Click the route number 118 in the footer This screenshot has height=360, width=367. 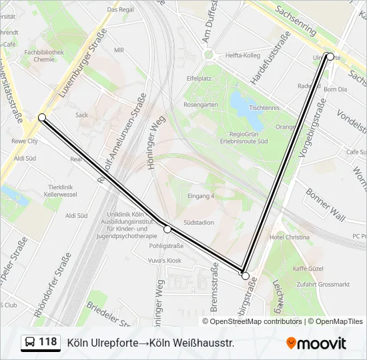(x=47, y=342)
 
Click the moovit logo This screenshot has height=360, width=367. (x=316, y=343)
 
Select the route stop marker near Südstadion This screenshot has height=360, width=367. (x=167, y=229)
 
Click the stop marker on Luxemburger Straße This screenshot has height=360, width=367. (x=42, y=117)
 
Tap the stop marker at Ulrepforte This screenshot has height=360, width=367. (x=330, y=57)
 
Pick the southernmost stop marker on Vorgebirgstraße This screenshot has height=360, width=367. (x=245, y=275)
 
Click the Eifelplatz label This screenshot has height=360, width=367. (x=198, y=78)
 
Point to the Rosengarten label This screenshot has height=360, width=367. (x=201, y=105)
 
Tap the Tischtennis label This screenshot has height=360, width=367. (x=263, y=107)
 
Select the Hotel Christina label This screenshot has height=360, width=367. (x=289, y=237)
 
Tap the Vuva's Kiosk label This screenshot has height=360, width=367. (x=165, y=260)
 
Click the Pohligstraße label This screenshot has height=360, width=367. (x=166, y=245)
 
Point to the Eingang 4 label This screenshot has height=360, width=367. (x=201, y=196)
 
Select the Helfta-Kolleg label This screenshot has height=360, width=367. (x=242, y=55)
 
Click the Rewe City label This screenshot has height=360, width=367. (x=25, y=141)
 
